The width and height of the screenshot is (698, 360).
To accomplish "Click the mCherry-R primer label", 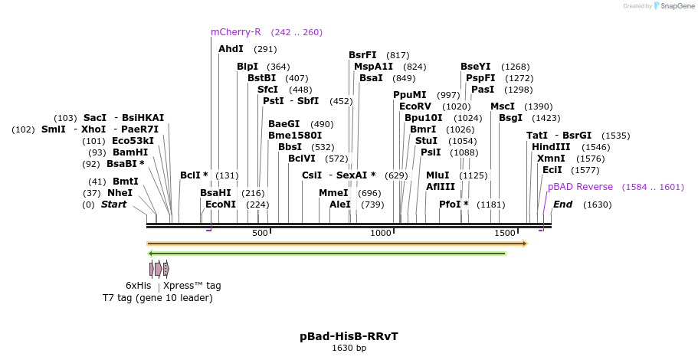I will click(236, 32).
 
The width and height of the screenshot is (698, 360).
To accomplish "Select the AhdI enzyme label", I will click(231, 49).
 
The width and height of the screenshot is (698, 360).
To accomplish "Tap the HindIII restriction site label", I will click(551, 147).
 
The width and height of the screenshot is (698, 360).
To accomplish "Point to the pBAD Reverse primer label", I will click(580, 187).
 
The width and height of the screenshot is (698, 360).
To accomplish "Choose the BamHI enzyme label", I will click(129, 152).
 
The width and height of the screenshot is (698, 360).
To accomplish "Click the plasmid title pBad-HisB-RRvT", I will click(349, 336).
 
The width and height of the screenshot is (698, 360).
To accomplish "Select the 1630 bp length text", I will click(349, 348).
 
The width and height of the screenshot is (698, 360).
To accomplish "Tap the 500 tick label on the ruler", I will click(259, 233).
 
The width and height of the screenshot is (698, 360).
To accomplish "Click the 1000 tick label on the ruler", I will click(381, 233).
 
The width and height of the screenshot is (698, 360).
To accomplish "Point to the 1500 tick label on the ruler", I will click(504, 233).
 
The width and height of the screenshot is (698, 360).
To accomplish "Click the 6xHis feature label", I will click(139, 286).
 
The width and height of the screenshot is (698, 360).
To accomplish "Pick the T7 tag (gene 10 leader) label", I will click(158, 297).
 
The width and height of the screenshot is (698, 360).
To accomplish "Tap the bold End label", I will click(562, 205).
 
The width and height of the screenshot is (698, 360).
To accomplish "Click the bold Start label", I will click(113, 205).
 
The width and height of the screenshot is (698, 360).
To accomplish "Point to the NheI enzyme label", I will click(120, 193).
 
